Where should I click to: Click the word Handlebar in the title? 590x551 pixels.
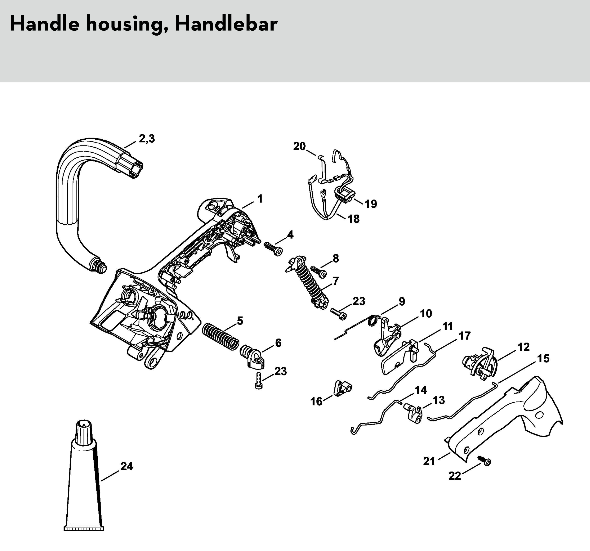[x=226, y=24]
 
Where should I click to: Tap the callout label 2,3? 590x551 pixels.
[x=147, y=139]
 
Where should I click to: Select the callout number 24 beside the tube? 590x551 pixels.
[x=127, y=466]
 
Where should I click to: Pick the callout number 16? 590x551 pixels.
[x=316, y=401]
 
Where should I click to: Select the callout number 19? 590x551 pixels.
[x=371, y=204]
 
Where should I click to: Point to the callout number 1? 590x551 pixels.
[x=260, y=199]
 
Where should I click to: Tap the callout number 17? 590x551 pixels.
[x=465, y=336]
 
